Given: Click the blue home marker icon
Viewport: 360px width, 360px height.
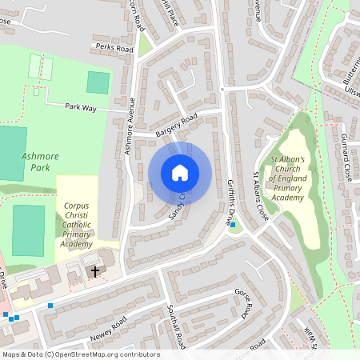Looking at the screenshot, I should pos(179,173).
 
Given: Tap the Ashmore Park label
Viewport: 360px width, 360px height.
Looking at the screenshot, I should pos(35,162).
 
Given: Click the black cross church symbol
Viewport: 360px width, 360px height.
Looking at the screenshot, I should pos(95,272).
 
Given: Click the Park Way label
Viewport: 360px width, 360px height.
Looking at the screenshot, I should pos(80,106).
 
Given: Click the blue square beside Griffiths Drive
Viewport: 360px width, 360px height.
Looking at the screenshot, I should pos(233,225).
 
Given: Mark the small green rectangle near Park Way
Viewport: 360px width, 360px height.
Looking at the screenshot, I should pos(98,82).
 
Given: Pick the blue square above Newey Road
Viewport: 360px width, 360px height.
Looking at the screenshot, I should pos(50,305).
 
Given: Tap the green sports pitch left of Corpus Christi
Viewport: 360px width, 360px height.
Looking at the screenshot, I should pos(28,230).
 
